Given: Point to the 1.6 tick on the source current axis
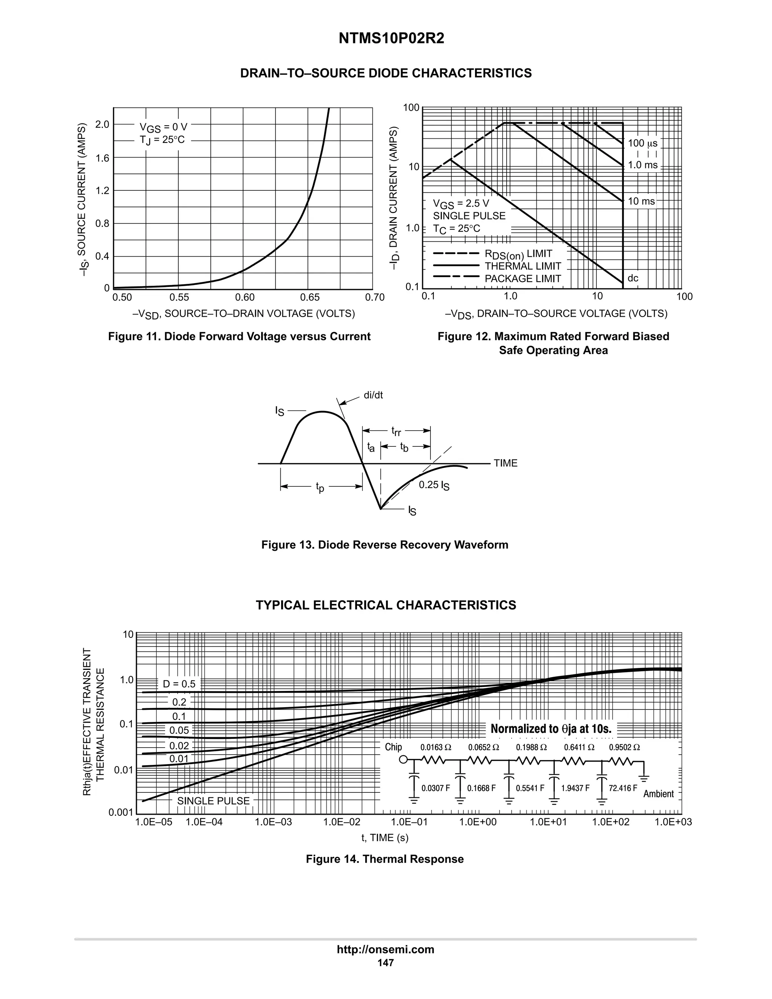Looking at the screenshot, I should [x=102, y=158].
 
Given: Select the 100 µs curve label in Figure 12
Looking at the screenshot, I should [x=642, y=143].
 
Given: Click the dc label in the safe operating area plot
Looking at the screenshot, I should [x=633, y=278].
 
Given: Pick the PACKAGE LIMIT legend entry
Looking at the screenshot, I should [x=522, y=279].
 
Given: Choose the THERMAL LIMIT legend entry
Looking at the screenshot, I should [x=522, y=266].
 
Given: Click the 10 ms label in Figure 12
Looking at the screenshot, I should [x=641, y=201].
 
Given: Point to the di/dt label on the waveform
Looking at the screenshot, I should [x=373, y=395].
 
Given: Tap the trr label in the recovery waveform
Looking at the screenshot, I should [x=396, y=431].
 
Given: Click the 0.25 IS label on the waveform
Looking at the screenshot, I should [x=434, y=485].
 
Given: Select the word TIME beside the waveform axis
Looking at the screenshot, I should [x=505, y=463].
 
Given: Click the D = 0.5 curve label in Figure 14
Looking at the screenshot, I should [x=179, y=684].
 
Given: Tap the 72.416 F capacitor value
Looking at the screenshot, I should [x=622, y=788].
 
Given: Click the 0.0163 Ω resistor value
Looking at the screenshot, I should [x=435, y=748].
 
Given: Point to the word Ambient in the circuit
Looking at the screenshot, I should [x=658, y=794].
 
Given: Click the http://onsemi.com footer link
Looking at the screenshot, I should [x=385, y=949].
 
